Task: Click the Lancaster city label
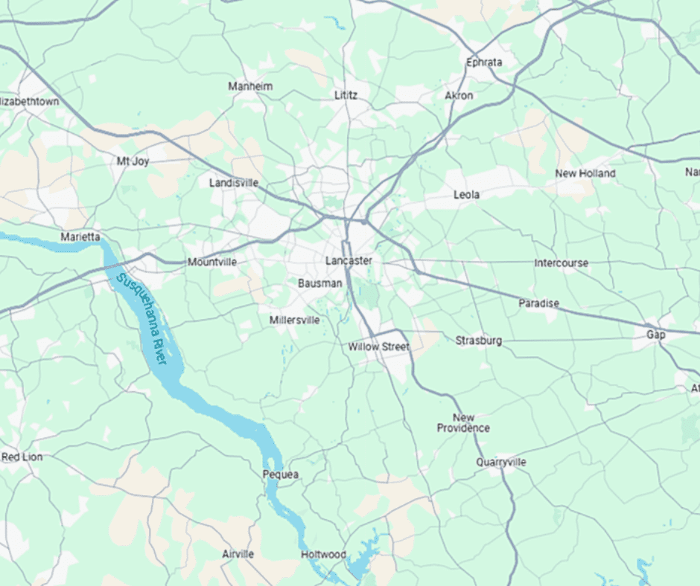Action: point(349,261)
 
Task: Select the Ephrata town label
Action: point(484,62)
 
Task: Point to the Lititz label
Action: point(346,95)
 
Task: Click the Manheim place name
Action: point(250,86)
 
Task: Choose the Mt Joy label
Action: point(133,161)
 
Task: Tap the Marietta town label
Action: point(80,237)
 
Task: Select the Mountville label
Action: point(212,262)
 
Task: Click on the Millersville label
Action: point(294,320)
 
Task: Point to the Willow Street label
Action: point(379,347)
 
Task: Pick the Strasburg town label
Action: point(479,341)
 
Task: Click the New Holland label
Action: point(585,173)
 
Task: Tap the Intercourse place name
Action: point(561,263)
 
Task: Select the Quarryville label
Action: point(501,462)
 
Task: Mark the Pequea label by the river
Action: point(281,474)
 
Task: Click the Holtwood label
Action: point(323,555)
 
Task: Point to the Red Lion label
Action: point(22,457)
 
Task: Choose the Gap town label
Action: point(655,335)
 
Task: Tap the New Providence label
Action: point(463,422)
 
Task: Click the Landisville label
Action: point(234,182)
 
